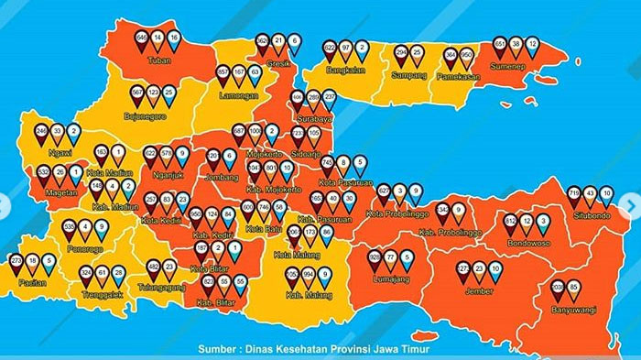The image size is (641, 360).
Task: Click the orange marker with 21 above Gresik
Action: (x=278, y=41)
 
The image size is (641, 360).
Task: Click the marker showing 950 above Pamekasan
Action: (x=466, y=55)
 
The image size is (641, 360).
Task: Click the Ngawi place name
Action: (x=59, y=154)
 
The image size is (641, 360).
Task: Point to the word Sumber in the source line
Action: (x=217, y=349)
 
